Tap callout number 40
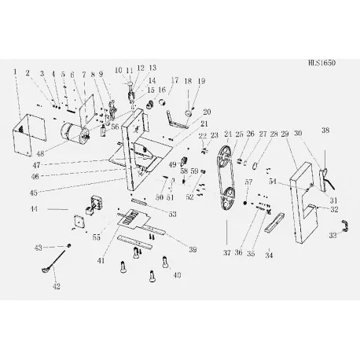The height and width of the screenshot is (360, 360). coord(177,275)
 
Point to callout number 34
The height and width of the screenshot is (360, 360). coord(269,255)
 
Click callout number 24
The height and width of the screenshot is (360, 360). coord(228,134)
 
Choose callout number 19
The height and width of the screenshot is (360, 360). coord(200,81)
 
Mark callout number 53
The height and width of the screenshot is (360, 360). coord(171,215)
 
